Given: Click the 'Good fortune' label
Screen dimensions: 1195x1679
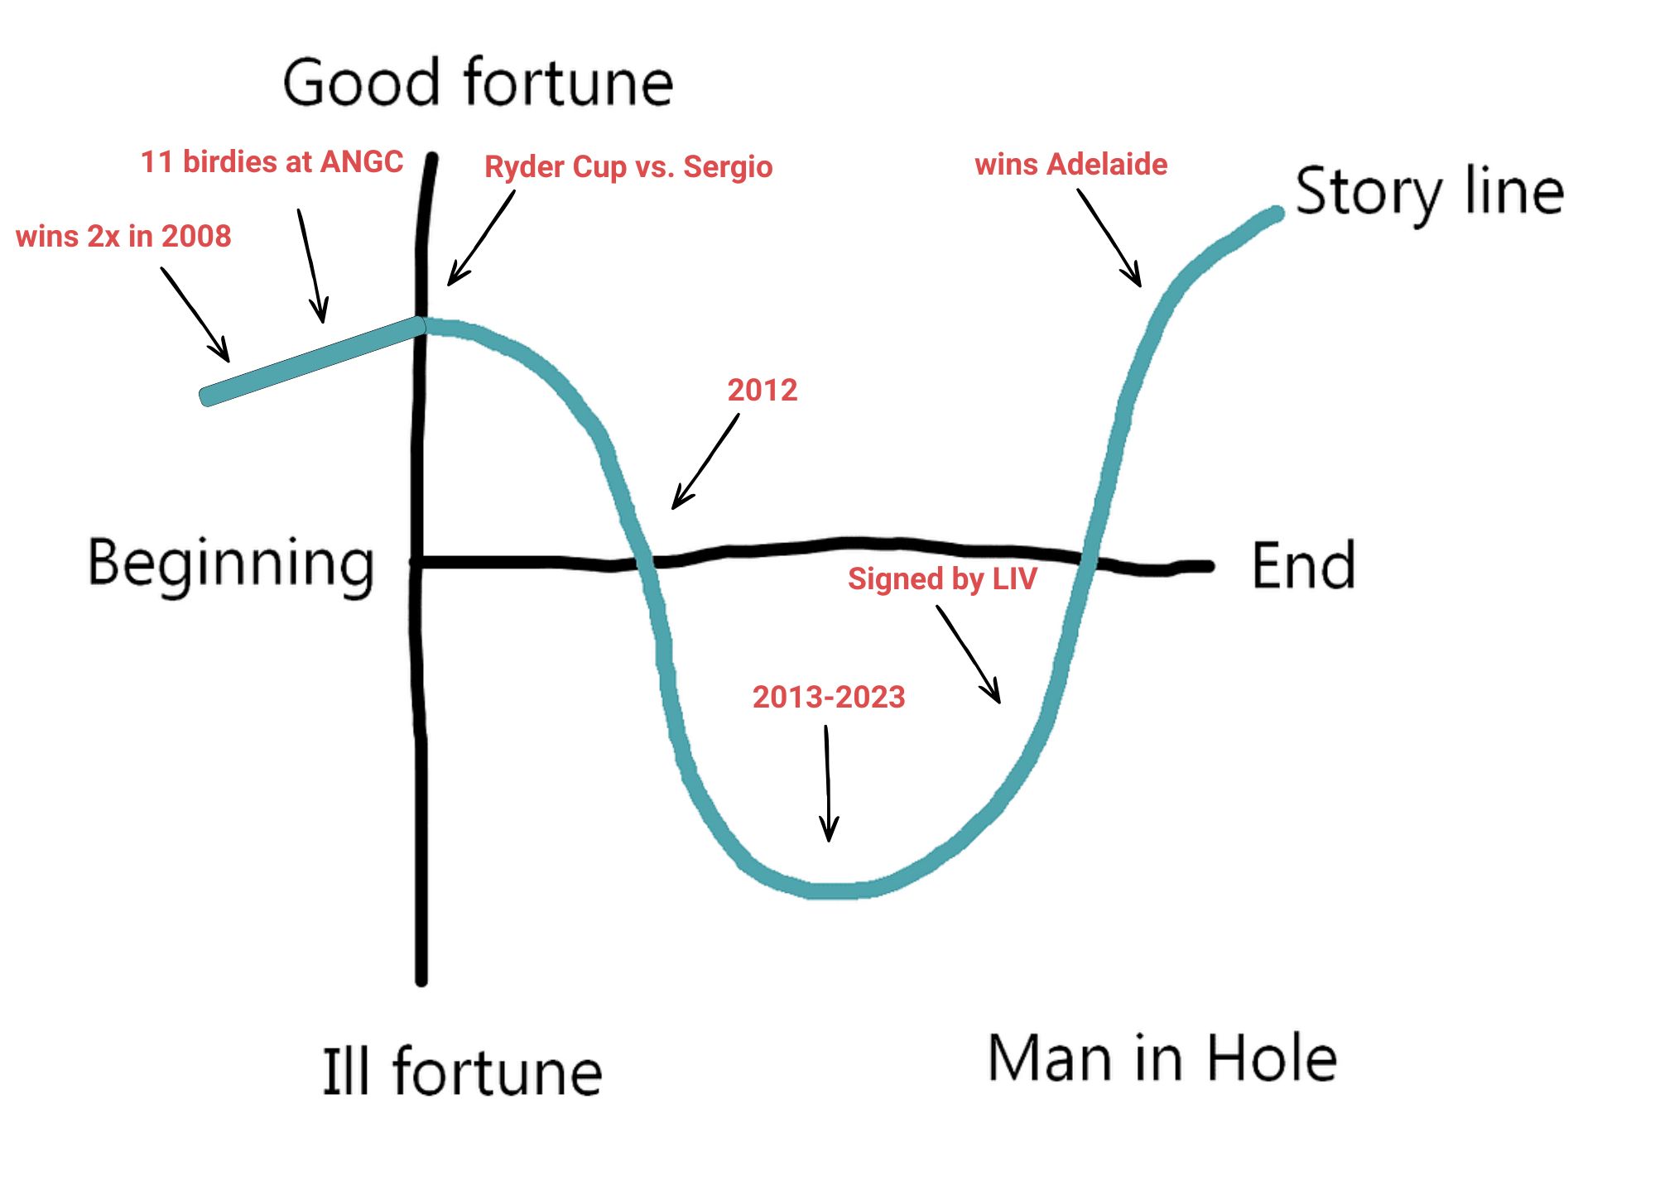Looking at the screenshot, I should (478, 83).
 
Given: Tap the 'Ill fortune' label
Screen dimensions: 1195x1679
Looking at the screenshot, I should (462, 1071).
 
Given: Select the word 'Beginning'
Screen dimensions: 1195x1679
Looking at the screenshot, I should (231, 564).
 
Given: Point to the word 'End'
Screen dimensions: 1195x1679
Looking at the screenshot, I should (1303, 566).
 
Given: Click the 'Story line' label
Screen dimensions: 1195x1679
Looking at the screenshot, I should (1429, 192).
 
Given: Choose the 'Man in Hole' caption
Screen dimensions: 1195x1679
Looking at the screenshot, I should (1162, 1058).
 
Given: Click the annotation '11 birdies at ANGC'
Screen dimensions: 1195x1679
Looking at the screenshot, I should (272, 162).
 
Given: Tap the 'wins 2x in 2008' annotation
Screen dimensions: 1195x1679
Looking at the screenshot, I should (123, 237).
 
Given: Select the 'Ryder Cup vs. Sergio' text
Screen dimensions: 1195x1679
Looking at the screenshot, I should (628, 167).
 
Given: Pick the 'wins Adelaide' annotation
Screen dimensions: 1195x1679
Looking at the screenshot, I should (1071, 165).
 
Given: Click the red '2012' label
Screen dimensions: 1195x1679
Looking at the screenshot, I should (763, 390).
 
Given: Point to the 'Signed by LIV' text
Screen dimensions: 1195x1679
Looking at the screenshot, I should (942, 578).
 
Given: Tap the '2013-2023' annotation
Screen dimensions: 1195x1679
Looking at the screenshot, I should (829, 697).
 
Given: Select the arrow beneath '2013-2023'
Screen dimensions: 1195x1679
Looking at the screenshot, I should (828, 783).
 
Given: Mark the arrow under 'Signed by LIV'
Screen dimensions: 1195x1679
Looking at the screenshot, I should (969, 655).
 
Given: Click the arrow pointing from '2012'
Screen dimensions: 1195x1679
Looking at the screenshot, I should (705, 462).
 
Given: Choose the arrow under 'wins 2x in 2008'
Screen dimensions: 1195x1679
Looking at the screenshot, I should (195, 314).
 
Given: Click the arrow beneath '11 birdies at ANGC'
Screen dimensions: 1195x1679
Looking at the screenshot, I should (311, 266).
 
